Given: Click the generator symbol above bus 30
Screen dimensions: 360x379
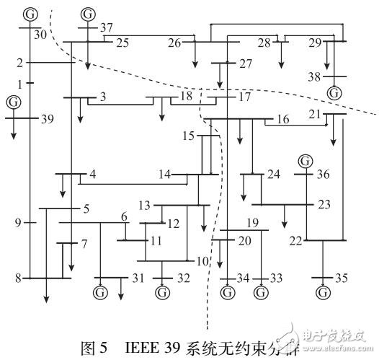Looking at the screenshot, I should click(30, 14).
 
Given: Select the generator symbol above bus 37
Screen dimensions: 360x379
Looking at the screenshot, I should click(88, 14).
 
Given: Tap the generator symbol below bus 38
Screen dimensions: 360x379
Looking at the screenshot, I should click(334, 92).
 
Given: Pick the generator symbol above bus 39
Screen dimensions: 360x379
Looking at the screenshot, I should click(12, 102).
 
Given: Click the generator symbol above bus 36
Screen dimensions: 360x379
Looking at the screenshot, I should click(306, 160).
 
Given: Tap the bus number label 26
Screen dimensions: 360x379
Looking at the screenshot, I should click(175, 43).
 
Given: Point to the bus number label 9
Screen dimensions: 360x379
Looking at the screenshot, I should click(18, 223).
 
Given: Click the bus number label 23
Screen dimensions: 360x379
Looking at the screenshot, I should click(324, 204).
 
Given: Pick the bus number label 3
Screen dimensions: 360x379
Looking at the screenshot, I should click(103, 97).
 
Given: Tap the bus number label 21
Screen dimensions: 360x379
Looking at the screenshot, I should click(314, 115).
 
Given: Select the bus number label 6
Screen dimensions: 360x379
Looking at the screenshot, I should click(124, 217).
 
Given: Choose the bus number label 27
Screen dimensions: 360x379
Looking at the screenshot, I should click(246, 64).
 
